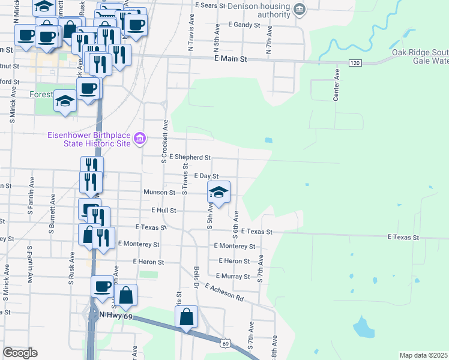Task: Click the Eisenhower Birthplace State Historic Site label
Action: tap(89, 139)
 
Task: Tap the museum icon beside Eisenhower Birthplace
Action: tap(140, 139)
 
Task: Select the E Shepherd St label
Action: tap(190, 157)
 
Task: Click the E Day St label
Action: tap(205, 175)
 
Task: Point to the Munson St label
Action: tap(159, 193)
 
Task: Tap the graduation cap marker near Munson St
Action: tap(219, 193)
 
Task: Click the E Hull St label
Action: tap(164, 211)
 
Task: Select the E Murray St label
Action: tap(234, 277)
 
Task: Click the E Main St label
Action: tap(231, 59)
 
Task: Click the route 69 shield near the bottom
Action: tap(224, 343)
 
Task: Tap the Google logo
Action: tap(20, 353)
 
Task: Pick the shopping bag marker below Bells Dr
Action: tap(187, 316)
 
